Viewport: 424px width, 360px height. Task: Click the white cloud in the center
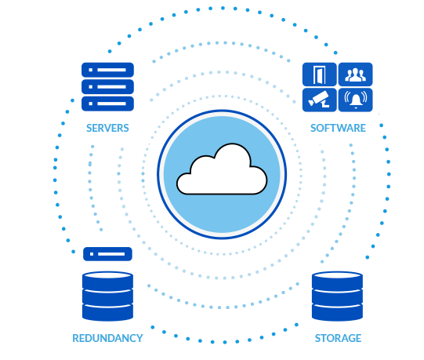(x=221, y=172)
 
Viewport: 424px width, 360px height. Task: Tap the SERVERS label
(x=107, y=128)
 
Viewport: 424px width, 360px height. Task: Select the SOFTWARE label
(x=338, y=128)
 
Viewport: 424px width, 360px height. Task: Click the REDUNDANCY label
(x=107, y=338)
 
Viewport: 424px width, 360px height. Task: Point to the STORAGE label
(x=338, y=338)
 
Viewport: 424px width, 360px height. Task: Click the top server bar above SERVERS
(x=107, y=70)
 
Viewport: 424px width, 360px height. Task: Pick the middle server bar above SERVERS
(x=107, y=86)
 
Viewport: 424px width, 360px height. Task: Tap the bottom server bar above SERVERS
(x=107, y=104)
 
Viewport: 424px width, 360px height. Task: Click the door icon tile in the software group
(x=320, y=75)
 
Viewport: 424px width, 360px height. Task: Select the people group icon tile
(x=355, y=75)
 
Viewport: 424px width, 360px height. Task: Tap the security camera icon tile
(x=320, y=100)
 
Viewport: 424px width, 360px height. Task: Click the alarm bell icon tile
(x=355, y=100)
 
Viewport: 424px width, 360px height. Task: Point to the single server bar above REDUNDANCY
(x=107, y=254)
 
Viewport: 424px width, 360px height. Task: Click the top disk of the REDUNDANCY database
(x=107, y=280)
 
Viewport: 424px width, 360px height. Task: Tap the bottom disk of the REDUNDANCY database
(x=107, y=312)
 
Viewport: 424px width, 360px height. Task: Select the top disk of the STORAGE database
(x=337, y=280)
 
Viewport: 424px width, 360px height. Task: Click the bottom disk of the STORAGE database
(x=337, y=312)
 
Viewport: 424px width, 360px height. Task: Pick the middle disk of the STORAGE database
(x=337, y=296)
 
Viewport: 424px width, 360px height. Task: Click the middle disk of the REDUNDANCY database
(x=107, y=296)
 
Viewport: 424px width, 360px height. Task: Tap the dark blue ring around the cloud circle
(x=159, y=174)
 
